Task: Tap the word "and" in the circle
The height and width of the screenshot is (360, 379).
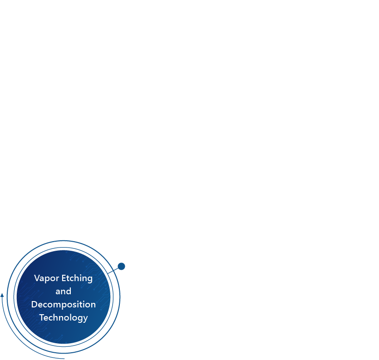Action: pyautogui.click(x=64, y=291)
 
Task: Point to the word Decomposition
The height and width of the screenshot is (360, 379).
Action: pyautogui.click(x=64, y=305)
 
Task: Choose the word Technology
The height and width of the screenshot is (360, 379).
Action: pyautogui.click(x=64, y=318)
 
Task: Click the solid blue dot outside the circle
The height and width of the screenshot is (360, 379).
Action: pyautogui.click(x=121, y=266)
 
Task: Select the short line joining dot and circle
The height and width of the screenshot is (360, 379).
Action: pyautogui.click(x=113, y=271)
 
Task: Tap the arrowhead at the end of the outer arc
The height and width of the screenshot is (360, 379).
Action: pyautogui.click(x=2, y=295)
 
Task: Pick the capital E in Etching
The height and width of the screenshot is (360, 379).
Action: pyautogui.click(x=64, y=278)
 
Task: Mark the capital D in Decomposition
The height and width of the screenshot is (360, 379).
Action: pyautogui.click(x=34, y=304)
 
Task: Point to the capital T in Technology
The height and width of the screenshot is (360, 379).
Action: pyautogui.click(x=42, y=317)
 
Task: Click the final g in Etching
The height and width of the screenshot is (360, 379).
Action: pyautogui.click(x=90, y=280)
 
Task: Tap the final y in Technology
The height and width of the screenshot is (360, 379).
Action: pyautogui.click(x=86, y=319)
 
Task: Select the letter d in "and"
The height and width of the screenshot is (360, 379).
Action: pyautogui.click(x=69, y=291)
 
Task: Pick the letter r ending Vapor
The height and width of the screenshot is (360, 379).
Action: pyautogui.click(x=57, y=279)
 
